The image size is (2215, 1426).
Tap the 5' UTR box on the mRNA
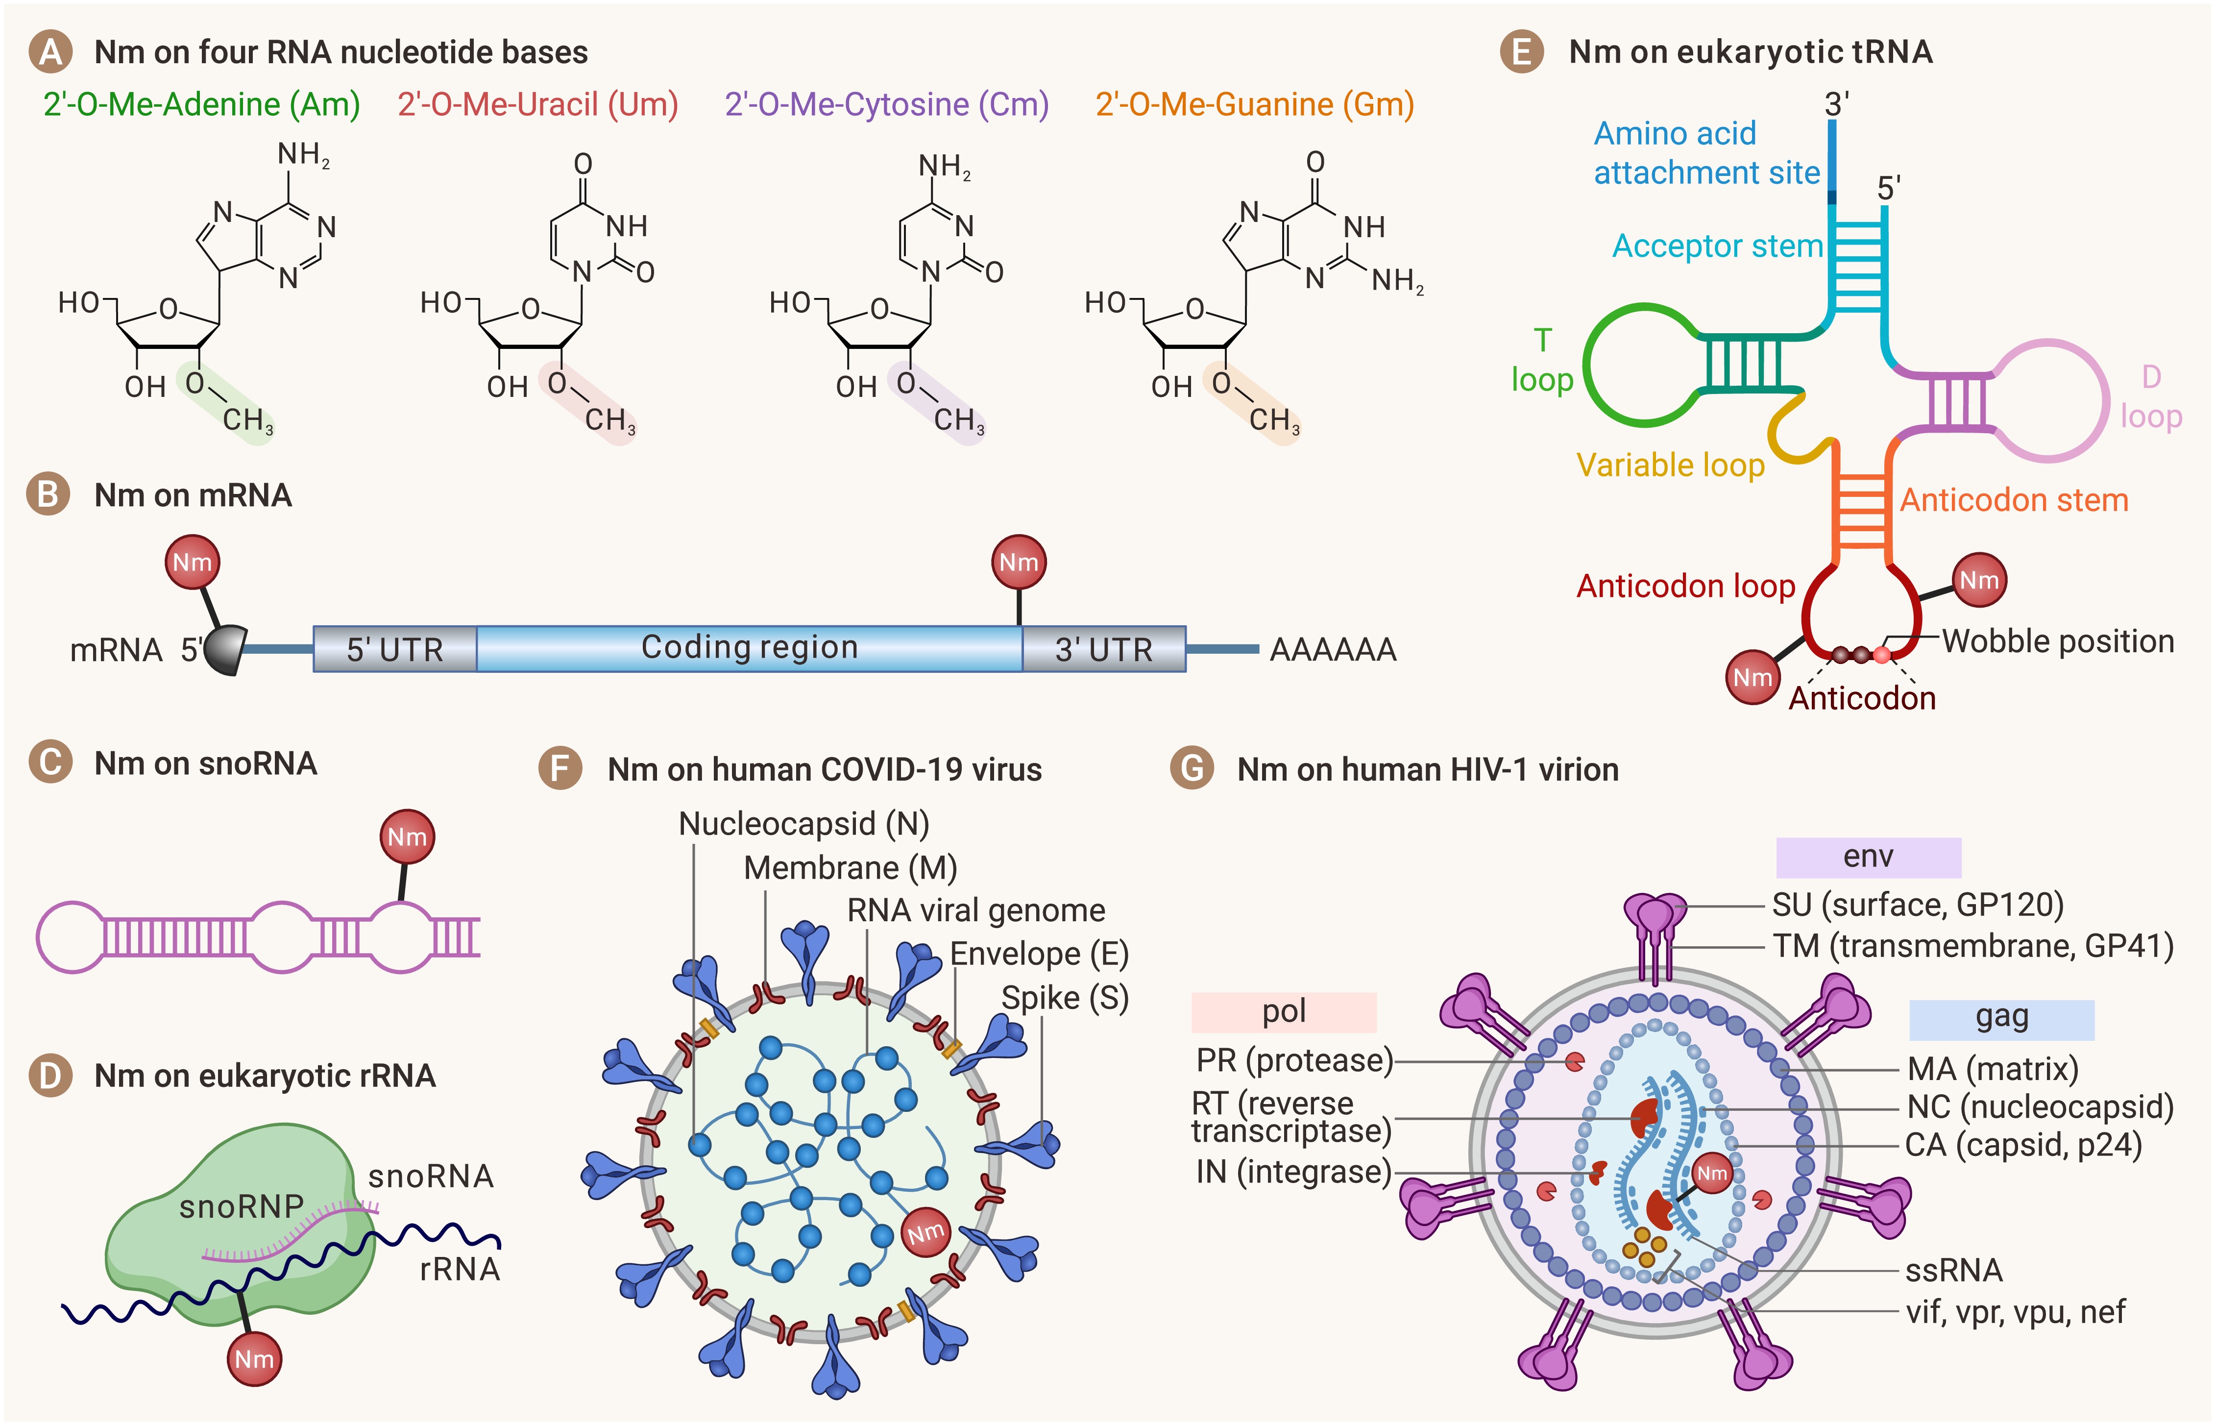pos(395,649)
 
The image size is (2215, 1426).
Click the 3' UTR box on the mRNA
pos(1103,649)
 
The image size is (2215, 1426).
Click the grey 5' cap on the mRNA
pos(225,650)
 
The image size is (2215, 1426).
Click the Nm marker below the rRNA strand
pos(254,1358)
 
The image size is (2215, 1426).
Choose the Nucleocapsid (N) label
pos(803,823)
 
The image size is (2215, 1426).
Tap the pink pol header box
pos(1283,1011)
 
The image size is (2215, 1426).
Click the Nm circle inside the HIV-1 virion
pos(1711,1173)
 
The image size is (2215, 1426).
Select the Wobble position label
pos(2057,641)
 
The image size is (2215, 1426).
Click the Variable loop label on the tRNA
pos(1670,465)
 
